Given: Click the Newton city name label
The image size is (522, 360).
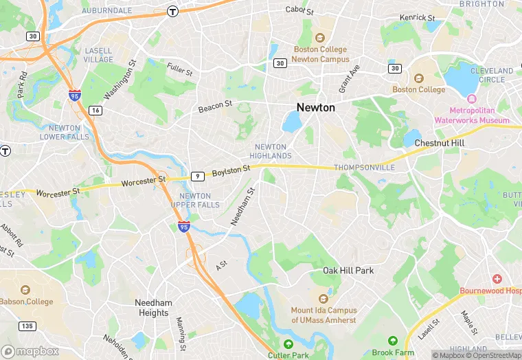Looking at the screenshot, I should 316,108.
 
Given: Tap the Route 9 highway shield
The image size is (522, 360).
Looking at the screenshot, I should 198,177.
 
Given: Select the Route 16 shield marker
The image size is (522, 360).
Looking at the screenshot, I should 95,110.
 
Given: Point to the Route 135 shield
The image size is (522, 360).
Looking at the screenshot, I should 27,326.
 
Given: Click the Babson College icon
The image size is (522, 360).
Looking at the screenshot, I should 26,291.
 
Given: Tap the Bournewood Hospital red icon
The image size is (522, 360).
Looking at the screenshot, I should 498,279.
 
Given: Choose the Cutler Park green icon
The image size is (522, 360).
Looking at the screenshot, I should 289,344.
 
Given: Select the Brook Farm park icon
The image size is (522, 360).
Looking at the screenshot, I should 393,341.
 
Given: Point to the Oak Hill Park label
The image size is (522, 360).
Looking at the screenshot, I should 348,271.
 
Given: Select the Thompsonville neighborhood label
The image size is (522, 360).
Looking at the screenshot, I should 364,168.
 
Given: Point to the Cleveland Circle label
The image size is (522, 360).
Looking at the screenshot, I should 492,75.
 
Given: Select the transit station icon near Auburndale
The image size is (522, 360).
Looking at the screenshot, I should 172,11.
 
